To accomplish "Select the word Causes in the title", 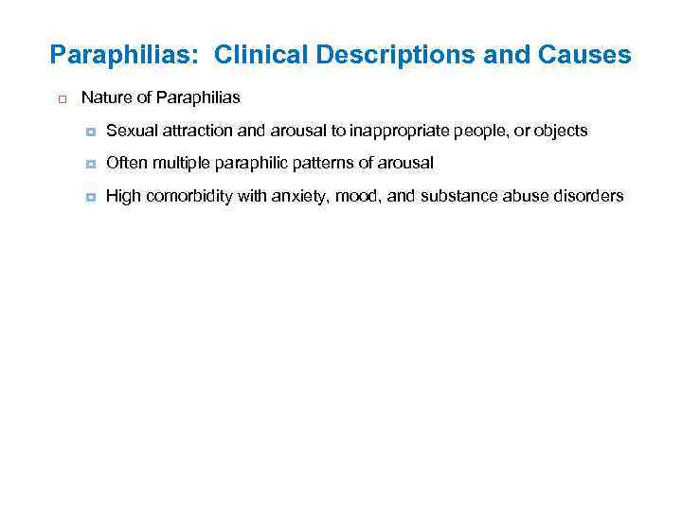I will (x=585, y=56).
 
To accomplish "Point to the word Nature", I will (x=104, y=97).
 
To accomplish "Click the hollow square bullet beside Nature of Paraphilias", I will (x=60, y=98).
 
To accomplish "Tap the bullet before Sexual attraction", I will (x=90, y=132).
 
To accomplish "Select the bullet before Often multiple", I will (x=90, y=164).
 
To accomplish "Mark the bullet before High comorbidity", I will (x=90, y=197).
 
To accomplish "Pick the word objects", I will (x=561, y=131).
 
